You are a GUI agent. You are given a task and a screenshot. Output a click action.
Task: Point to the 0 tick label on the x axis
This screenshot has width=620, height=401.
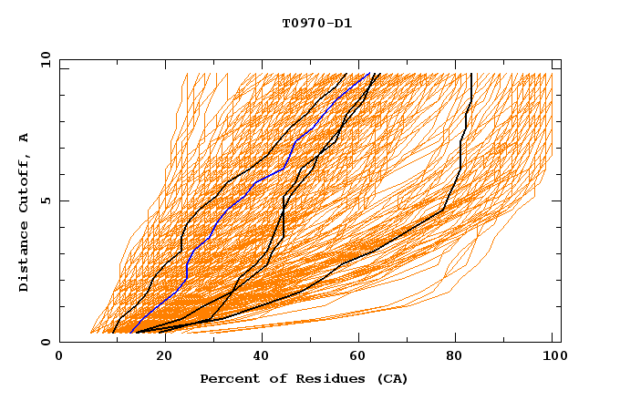point(59,357)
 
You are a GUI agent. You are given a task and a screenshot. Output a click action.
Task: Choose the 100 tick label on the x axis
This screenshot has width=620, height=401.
point(553,357)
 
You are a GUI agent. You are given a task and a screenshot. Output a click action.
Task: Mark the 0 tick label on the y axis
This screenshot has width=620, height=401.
point(45,342)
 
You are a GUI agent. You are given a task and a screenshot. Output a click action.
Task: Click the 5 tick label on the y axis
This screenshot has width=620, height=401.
point(45,200)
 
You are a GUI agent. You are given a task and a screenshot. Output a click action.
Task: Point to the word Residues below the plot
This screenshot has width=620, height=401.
point(321,379)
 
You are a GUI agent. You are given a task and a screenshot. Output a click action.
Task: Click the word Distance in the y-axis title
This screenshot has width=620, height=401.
point(24,257)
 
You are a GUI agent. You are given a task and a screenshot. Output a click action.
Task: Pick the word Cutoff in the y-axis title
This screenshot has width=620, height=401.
point(24,182)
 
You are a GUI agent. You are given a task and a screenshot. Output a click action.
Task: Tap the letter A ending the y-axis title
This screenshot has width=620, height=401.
point(24,137)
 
